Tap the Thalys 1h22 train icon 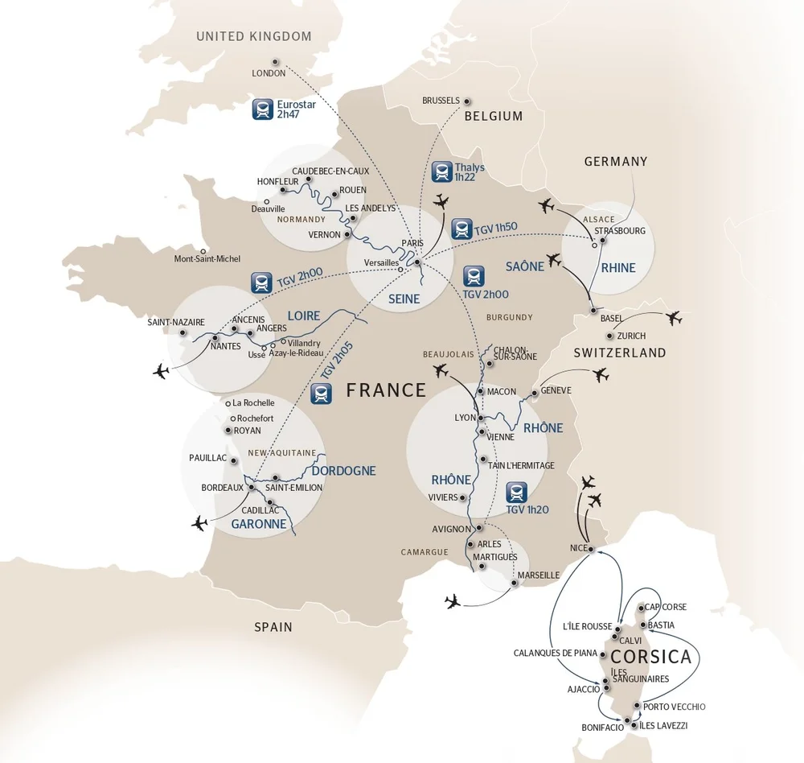click(441, 171)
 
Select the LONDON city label click(269, 73)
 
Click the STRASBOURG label click(620, 231)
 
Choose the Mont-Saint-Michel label click(207, 259)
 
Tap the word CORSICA click(651, 657)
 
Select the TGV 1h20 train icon click(517, 492)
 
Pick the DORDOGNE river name click(343, 471)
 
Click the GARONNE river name click(259, 524)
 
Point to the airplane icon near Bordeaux click(199, 523)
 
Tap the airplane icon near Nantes click(162, 371)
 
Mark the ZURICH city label click(631, 336)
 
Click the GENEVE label click(556, 390)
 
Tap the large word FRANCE click(386, 390)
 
